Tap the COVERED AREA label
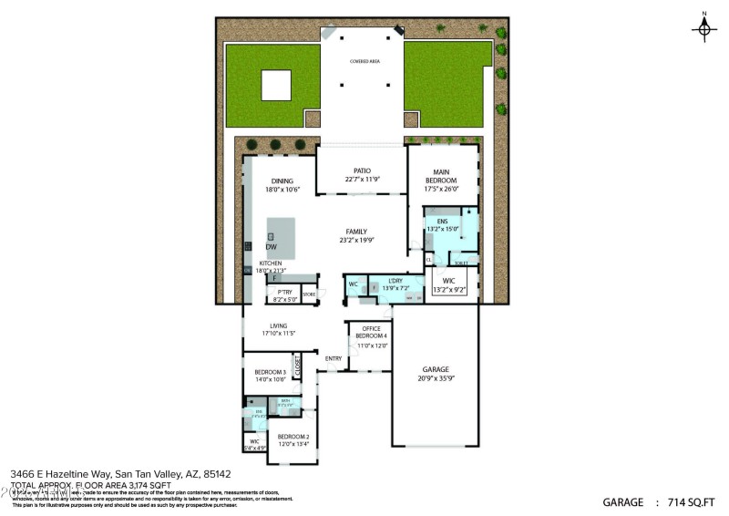[x=364, y=61]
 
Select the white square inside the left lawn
[x=276, y=86]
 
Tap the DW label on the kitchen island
[x=272, y=247]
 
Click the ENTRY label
[x=334, y=358]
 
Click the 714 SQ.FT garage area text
[x=686, y=502]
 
